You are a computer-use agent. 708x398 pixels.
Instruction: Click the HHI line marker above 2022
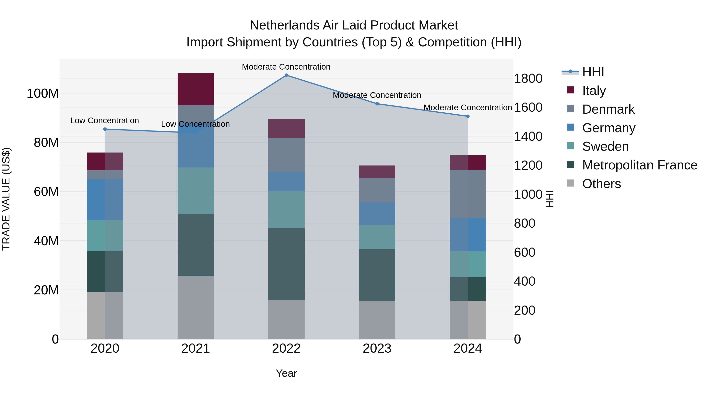(286, 75)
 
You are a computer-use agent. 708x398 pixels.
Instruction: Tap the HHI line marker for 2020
(105, 129)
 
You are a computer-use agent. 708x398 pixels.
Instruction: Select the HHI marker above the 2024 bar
(468, 116)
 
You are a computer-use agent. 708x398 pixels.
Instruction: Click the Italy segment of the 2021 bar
(195, 89)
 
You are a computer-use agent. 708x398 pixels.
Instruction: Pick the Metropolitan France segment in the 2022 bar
(286, 264)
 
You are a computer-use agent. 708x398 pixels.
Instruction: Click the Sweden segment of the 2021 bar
(195, 191)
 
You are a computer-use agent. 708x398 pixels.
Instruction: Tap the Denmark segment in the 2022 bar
(286, 155)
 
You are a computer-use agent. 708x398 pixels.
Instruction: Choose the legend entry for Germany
(608, 128)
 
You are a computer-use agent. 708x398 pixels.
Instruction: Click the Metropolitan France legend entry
(640, 165)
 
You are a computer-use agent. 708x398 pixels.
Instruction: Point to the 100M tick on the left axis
(43, 94)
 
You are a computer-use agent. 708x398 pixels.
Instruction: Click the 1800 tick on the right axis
(528, 79)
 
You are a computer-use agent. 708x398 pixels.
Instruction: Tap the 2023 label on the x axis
(377, 348)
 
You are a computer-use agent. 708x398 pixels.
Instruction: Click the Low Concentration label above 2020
(104, 121)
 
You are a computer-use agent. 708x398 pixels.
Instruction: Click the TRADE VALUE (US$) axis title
(6, 199)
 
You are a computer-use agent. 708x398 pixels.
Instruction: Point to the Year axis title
(286, 373)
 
